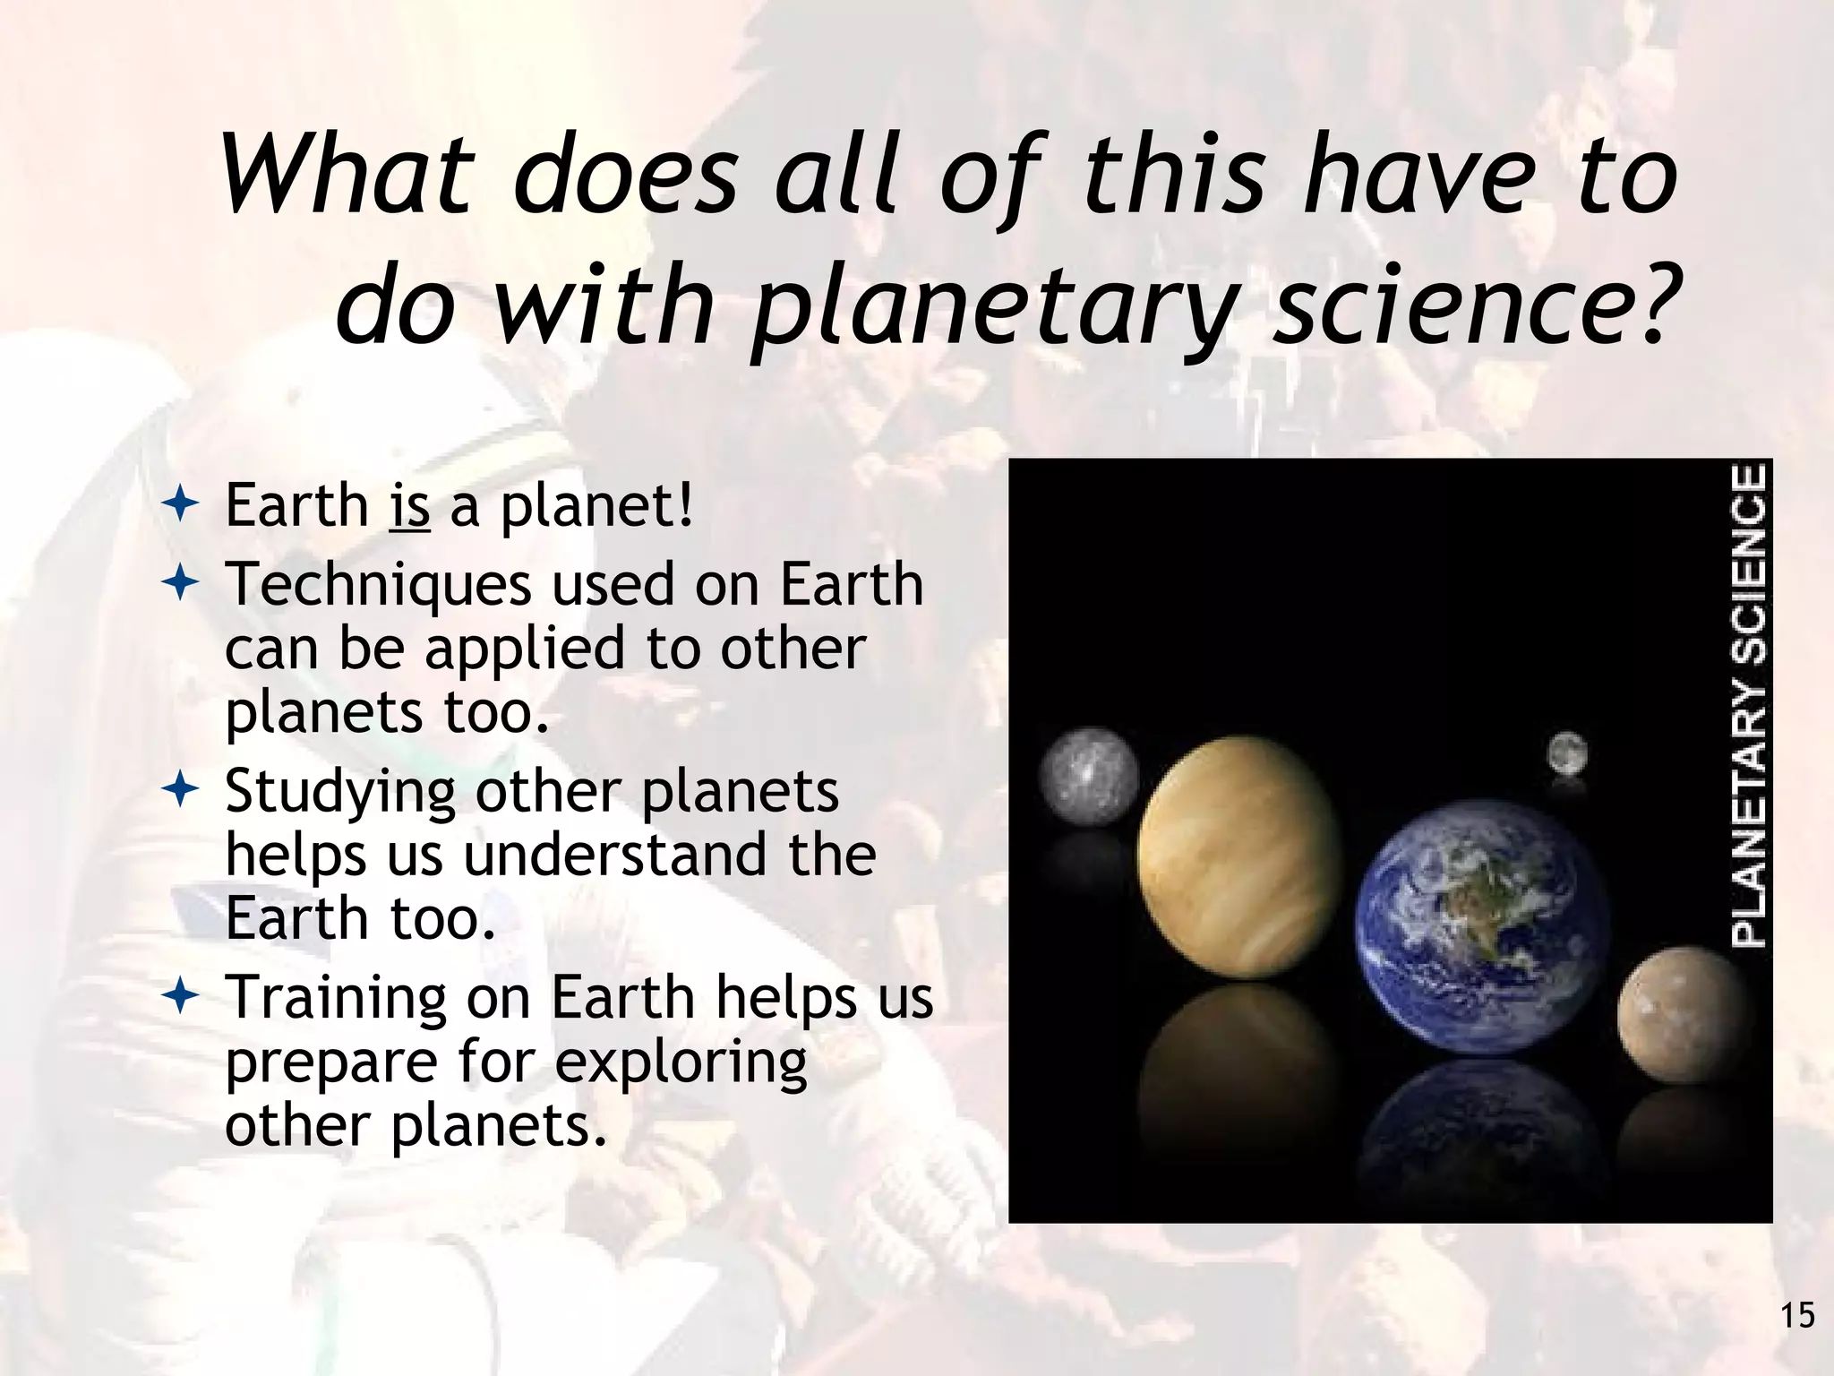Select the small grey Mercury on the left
pos(1089,776)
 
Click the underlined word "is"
pos(410,506)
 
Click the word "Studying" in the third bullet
pos(340,793)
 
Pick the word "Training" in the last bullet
pos(335,997)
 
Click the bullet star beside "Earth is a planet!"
pos(181,506)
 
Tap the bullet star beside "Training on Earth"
pos(181,996)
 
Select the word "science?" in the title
pos(1473,303)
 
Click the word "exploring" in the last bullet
pos(681,1062)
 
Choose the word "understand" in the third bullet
pos(614,855)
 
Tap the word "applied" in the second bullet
pos(525,650)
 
